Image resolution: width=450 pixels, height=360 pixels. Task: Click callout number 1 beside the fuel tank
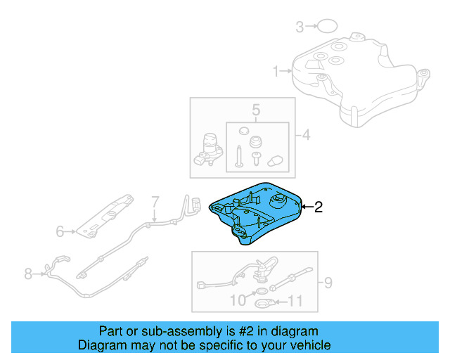[276, 70]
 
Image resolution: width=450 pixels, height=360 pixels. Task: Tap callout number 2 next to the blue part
[318, 207]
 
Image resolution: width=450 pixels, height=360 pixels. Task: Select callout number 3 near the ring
[299, 27]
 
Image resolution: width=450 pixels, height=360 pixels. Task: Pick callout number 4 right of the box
[307, 135]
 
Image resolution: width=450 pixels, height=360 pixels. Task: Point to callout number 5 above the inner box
[256, 110]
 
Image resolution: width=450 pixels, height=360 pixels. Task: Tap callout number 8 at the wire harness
[28, 274]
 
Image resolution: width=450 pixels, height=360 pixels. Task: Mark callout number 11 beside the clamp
[295, 303]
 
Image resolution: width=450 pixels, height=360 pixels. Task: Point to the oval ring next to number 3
[325, 27]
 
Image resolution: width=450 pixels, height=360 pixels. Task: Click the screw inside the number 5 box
[240, 155]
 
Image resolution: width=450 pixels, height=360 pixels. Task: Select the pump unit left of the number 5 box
[209, 149]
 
